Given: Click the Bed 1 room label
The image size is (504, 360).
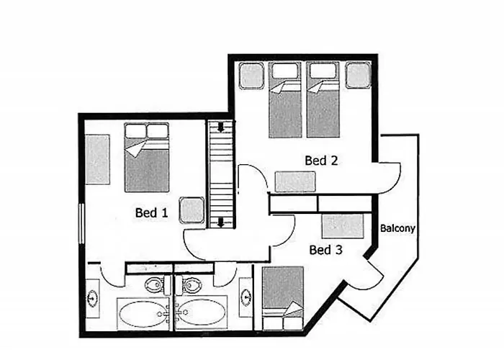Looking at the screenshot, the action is pyautogui.click(x=151, y=213).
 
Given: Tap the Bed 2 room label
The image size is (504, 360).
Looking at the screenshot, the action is pyautogui.click(x=321, y=161).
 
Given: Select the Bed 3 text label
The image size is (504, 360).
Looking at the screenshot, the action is pyautogui.click(x=325, y=250).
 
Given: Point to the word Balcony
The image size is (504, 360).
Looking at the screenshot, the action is pyautogui.click(x=397, y=228).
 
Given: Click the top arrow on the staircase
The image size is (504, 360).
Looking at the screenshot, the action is pyautogui.click(x=220, y=127).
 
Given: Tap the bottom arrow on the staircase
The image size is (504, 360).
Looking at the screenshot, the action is pyautogui.click(x=220, y=222).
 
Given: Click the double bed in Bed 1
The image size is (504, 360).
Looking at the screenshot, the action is pyautogui.click(x=147, y=158).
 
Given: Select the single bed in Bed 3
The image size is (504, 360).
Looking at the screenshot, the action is pyautogui.click(x=283, y=298).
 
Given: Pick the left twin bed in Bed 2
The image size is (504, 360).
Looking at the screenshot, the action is pyautogui.click(x=285, y=99).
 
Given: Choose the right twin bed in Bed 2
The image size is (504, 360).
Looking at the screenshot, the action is pyautogui.click(x=323, y=99).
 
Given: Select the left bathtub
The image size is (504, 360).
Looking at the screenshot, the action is pyautogui.click(x=143, y=314).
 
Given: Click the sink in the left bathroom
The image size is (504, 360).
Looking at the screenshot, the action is pyautogui.click(x=93, y=299).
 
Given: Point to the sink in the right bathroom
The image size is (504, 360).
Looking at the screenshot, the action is pyautogui.click(x=246, y=297).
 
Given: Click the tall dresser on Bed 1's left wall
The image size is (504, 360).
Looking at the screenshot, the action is pyautogui.click(x=98, y=159).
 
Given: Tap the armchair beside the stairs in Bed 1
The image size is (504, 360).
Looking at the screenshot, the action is pyautogui.click(x=192, y=210).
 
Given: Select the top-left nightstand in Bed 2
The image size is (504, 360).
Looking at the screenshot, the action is pyautogui.click(x=252, y=76).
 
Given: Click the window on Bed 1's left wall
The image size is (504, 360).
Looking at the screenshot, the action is pyautogui.click(x=81, y=223).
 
